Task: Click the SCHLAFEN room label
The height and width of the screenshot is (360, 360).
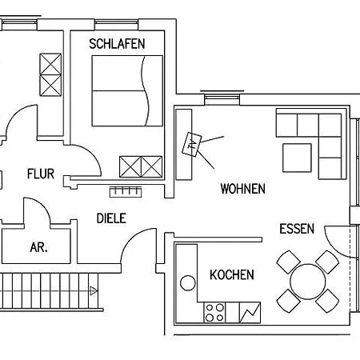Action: tap(117, 44)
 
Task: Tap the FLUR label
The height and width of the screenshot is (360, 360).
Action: tap(41, 174)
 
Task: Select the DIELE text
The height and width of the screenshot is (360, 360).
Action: tap(111, 218)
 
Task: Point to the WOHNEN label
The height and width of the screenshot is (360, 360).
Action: tap(243, 189)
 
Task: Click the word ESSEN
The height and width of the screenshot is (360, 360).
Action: tap(297, 229)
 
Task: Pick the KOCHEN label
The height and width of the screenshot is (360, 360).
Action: tap(232, 275)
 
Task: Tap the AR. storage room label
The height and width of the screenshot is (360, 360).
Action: tap(39, 247)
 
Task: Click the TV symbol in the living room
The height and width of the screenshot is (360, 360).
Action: tap(192, 144)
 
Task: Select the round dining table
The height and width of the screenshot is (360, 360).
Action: tap(308, 282)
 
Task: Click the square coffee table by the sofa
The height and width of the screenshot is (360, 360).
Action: tap(297, 158)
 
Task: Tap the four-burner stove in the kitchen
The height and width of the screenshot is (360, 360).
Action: tap(214, 313)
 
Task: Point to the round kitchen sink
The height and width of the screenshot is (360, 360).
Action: tap(188, 283)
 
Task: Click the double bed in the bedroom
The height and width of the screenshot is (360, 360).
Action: tap(127, 90)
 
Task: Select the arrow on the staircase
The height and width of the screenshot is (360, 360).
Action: tap(94, 290)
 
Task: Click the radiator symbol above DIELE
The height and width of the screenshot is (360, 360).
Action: tap(126, 192)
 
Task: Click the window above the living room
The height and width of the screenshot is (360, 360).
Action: tap(222, 98)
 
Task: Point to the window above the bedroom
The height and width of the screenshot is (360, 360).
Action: tap(117, 25)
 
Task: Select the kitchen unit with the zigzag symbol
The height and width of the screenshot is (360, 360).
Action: tap(250, 313)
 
